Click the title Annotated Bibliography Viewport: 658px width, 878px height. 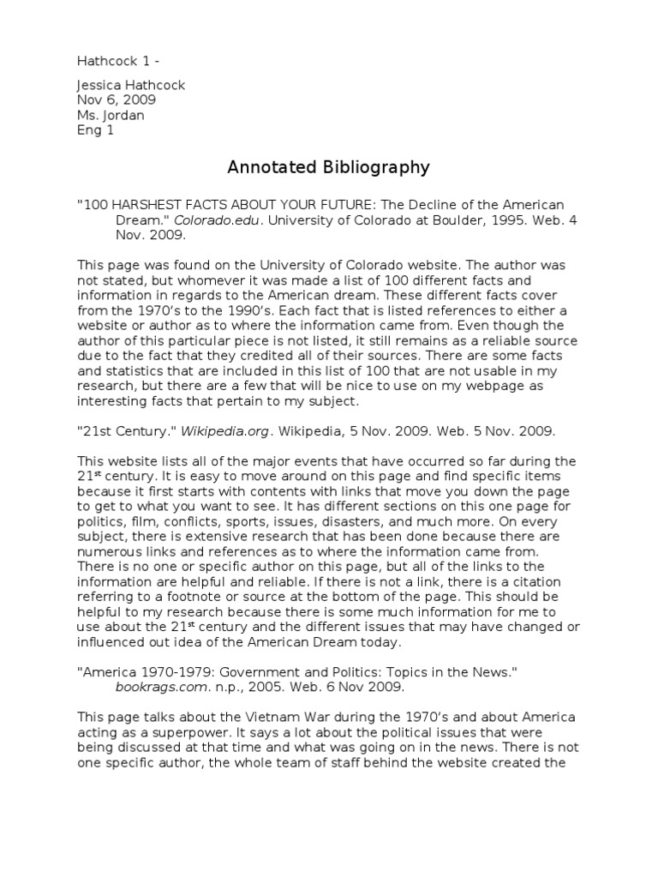[x=328, y=167]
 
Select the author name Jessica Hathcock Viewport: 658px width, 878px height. [x=131, y=86]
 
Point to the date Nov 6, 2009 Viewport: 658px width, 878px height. [x=117, y=100]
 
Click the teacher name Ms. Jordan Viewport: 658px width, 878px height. [x=112, y=116]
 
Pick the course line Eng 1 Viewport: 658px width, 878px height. [x=95, y=131]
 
